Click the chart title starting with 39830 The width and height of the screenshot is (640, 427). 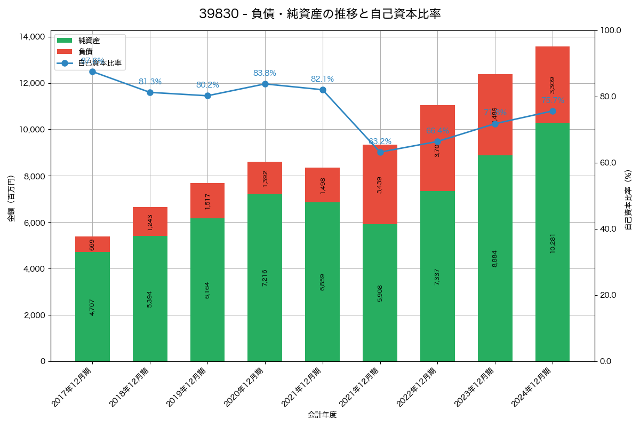(320, 14)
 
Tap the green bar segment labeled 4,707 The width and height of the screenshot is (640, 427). (92, 306)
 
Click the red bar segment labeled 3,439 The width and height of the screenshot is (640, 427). (380, 184)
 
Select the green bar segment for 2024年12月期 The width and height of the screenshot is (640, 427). (553, 242)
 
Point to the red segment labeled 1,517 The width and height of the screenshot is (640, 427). (207, 201)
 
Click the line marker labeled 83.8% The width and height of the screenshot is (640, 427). (265, 84)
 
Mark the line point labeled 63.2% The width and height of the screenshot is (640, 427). (380, 152)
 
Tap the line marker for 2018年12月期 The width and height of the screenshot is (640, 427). (150, 92)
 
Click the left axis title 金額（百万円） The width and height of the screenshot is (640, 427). (11, 199)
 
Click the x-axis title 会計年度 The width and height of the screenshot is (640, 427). (322, 415)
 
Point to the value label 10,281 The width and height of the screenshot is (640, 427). (553, 242)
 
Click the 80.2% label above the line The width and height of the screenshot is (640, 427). (207, 85)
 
